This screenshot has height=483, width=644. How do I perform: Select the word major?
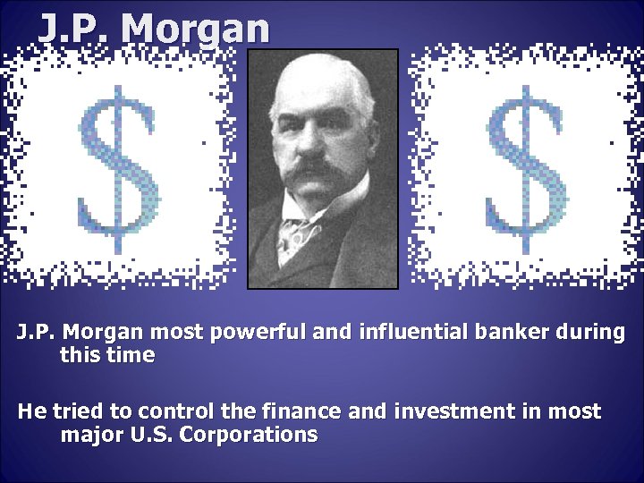90,436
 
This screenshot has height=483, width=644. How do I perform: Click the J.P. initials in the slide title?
76,29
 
